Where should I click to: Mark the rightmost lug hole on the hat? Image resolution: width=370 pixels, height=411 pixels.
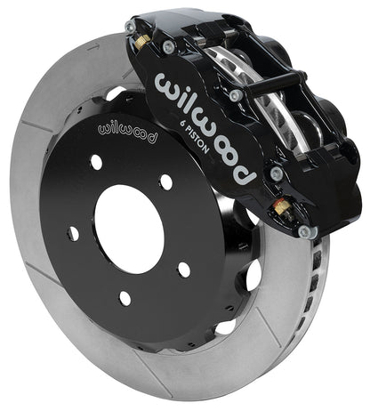182,269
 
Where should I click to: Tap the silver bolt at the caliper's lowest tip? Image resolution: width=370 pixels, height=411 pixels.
306,231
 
